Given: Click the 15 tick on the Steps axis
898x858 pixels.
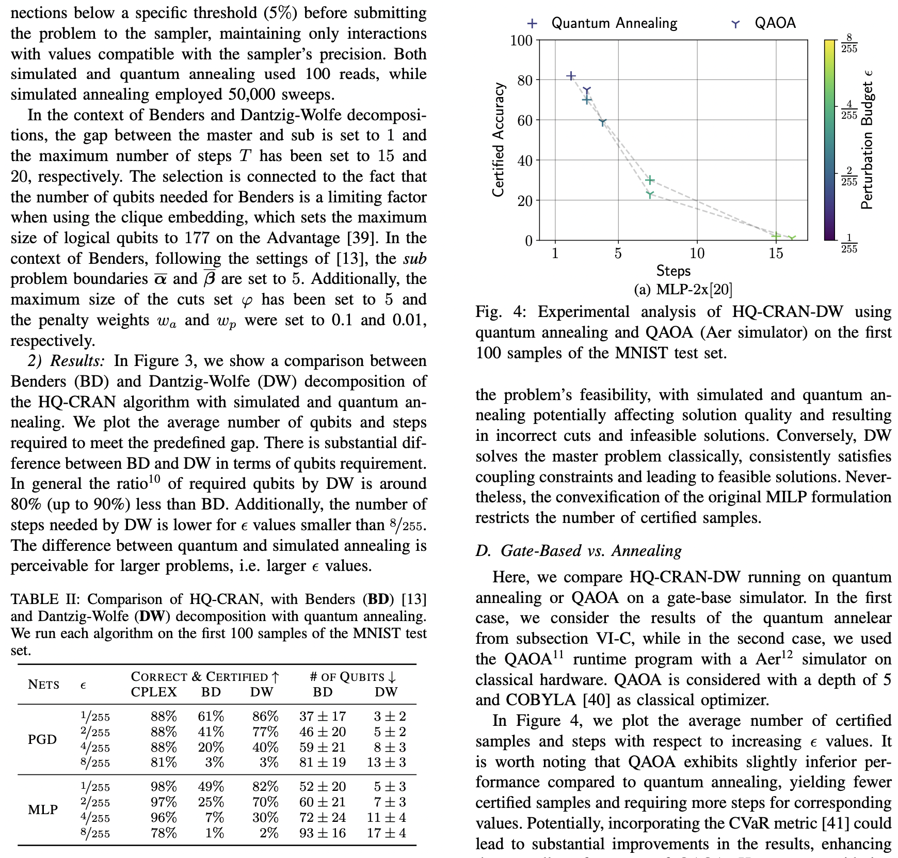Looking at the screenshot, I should (x=776, y=253).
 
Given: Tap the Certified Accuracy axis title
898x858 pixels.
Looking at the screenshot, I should (x=498, y=140).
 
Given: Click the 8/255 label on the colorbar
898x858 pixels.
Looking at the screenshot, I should (x=849, y=43).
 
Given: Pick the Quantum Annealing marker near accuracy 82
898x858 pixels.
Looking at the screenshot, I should (x=571, y=76).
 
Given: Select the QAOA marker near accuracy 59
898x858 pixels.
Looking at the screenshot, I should (x=602, y=122).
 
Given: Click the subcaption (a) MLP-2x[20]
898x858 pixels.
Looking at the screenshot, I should (x=683, y=290).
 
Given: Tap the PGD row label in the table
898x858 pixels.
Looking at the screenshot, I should (x=42, y=739).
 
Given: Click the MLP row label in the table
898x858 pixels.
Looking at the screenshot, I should (x=43, y=809).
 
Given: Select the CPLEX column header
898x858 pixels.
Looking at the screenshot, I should (x=154, y=692).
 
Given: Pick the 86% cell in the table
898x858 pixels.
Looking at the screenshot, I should (x=265, y=717).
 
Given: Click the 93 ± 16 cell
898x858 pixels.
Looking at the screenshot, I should (x=323, y=833).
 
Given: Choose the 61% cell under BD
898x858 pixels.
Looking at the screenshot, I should (x=211, y=717).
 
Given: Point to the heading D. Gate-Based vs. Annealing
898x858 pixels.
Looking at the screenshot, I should (x=579, y=551).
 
